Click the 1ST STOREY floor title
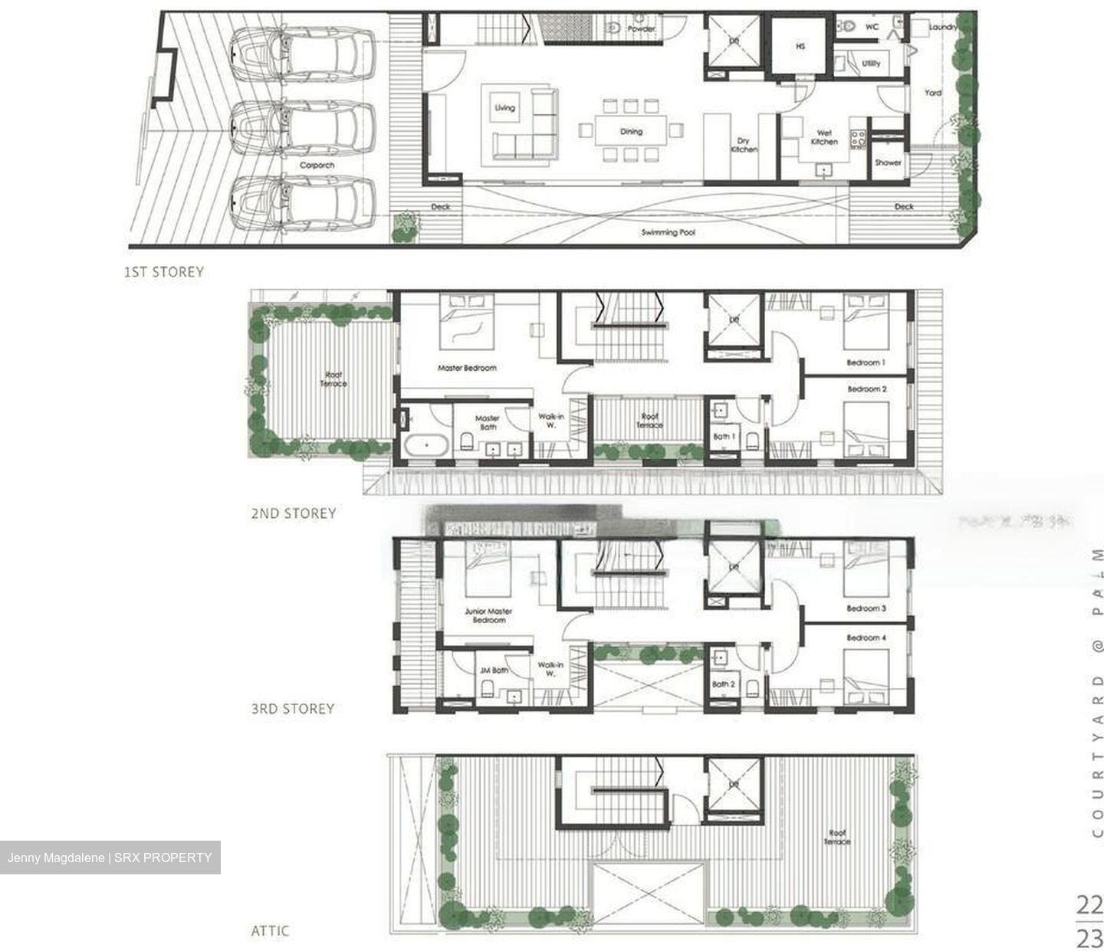point(164,271)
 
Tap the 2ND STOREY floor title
point(293,513)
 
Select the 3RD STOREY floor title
point(293,709)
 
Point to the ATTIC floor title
point(270,931)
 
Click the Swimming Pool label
point(667,231)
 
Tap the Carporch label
point(317,165)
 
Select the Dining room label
point(631,132)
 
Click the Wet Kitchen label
point(824,137)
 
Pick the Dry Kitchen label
point(743,145)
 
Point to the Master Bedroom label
point(467,368)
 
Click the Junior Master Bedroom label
point(488,615)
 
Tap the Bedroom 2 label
point(866,389)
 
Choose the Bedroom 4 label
point(866,638)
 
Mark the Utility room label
point(871,64)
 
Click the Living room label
point(504,108)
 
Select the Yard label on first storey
point(932,93)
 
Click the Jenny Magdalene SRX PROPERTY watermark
point(110,858)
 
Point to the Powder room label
point(641,29)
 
